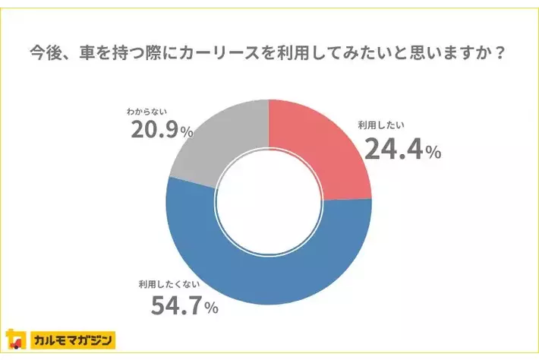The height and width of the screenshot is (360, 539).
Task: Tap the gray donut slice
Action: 213,144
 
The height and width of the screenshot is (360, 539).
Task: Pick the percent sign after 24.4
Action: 433,153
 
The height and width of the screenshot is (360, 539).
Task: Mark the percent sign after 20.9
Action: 187,133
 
